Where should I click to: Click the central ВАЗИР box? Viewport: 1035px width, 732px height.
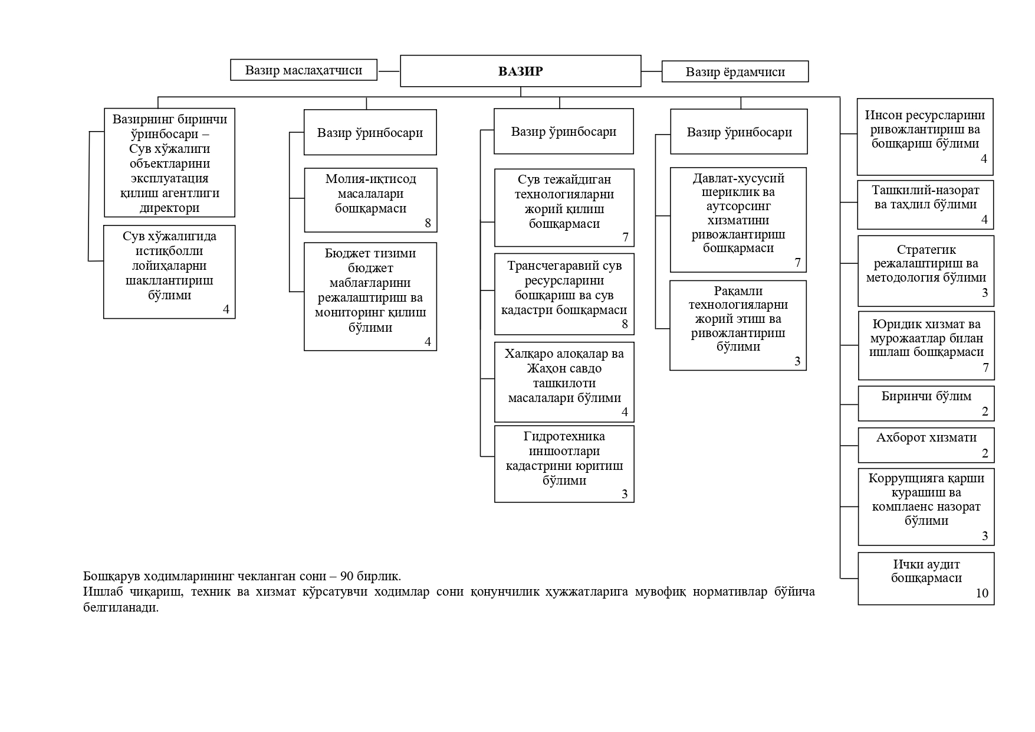click(520, 71)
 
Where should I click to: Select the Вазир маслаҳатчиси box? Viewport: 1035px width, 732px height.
click(303, 70)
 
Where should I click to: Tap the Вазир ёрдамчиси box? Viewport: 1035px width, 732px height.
click(735, 72)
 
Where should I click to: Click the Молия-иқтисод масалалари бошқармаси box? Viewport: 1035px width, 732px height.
click(370, 200)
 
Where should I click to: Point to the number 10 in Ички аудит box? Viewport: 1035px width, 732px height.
click(982, 593)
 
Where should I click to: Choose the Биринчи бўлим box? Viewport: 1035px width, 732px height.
click(926, 403)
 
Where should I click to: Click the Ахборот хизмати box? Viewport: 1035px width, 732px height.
click(926, 445)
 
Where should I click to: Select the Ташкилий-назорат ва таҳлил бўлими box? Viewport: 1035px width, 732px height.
click(925, 204)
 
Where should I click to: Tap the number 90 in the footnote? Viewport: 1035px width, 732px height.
click(347, 576)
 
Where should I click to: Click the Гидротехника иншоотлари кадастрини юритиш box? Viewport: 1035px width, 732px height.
click(564, 464)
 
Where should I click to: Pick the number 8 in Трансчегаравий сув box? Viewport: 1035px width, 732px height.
click(625, 324)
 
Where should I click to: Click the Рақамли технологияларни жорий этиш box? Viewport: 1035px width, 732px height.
click(738, 325)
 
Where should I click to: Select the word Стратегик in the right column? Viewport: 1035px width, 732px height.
click(926, 250)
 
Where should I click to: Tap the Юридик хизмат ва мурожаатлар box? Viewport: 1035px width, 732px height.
click(926, 345)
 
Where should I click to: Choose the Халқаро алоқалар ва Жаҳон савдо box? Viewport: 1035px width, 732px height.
click(564, 382)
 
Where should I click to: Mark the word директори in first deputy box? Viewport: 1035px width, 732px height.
click(169, 208)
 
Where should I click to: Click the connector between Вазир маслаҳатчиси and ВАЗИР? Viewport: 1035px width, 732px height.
click(389, 71)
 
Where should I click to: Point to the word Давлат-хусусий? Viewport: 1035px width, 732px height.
click(738, 178)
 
